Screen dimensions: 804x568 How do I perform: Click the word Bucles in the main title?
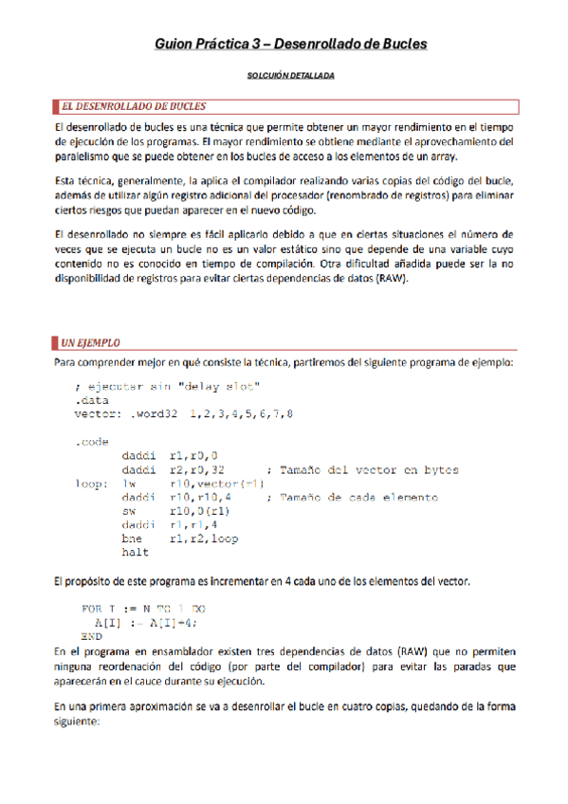pos(398,44)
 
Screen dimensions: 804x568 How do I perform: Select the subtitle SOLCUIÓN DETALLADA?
pos(284,75)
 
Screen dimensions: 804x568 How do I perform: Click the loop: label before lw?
pos(91,484)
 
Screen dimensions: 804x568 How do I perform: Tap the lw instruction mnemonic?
pos(131,484)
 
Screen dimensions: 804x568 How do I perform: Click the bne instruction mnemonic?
pos(134,539)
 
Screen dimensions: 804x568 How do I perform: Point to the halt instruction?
pos(137,553)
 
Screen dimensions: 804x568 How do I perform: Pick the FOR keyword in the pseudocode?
pos(92,608)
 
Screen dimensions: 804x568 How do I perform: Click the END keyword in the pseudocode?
pos(91,635)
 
